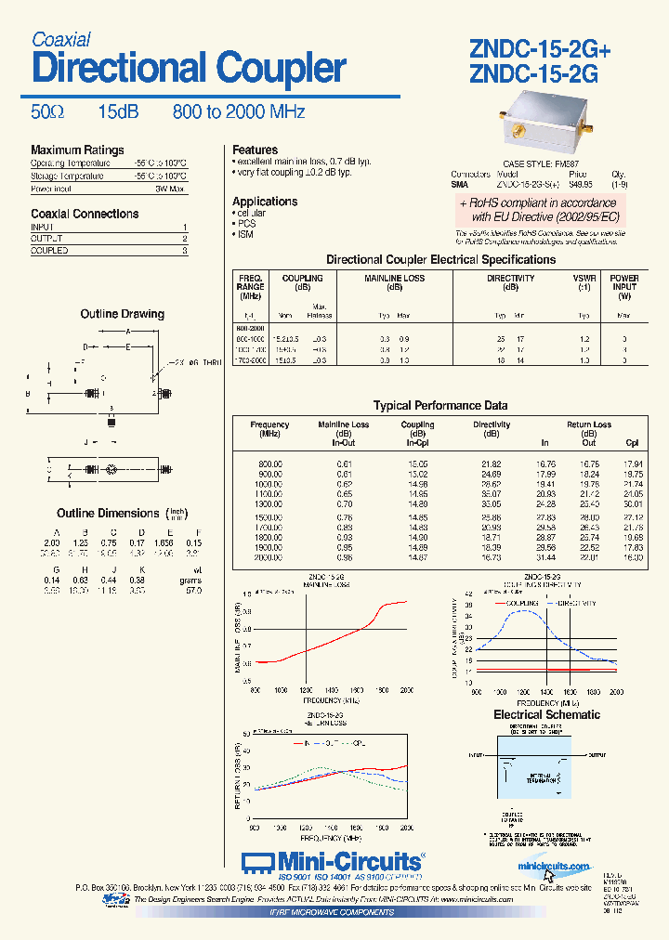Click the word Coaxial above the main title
tap(61, 39)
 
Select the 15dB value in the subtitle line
tap(118, 112)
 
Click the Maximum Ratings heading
tap(77, 150)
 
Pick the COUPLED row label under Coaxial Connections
tap(48, 251)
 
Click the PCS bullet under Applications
tap(246, 224)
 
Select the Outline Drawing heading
tap(122, 314)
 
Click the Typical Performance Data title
tap(440, 405)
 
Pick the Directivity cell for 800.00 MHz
tap(492, 463)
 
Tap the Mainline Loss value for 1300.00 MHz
tap(344, 504)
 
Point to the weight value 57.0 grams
tap(193, 589)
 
